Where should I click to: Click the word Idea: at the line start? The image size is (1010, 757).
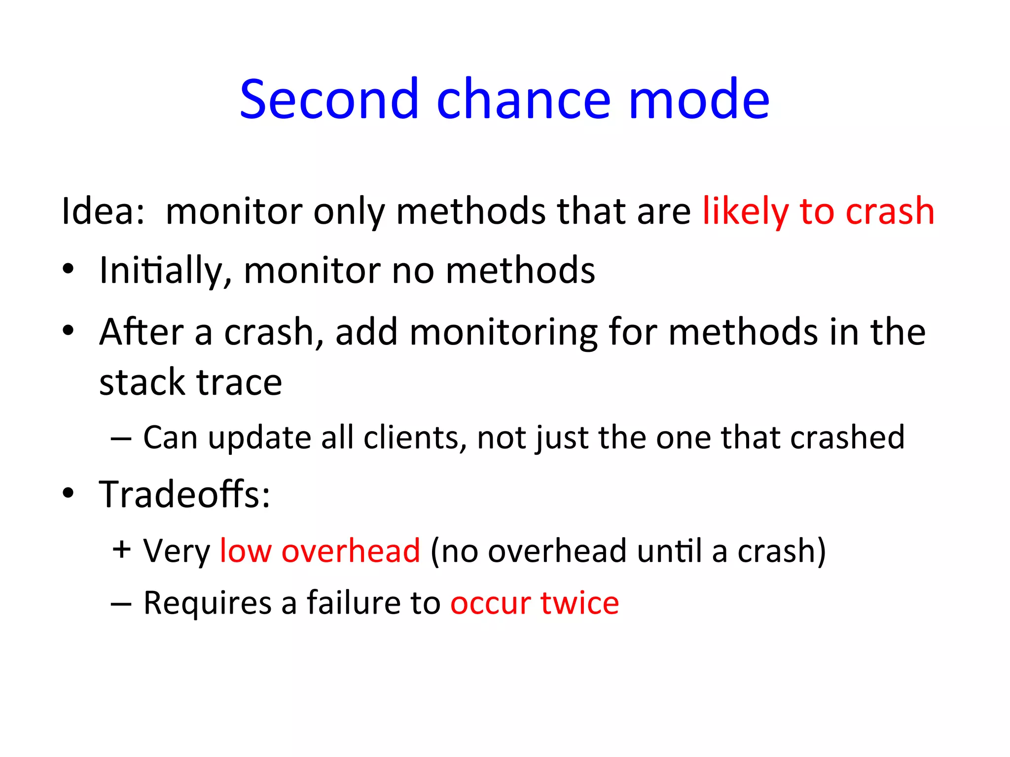coord(103,211)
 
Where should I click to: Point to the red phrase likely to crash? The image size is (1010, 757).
coord(818,211)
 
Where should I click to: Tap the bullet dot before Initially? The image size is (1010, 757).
coord(68,270)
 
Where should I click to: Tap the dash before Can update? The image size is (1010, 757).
coord(121,438)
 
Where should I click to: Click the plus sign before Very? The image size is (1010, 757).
coord(121,550)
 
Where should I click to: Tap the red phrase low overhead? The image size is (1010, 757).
coord(320,551)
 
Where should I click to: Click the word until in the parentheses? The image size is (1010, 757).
coord(669,551)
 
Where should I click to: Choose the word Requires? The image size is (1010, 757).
coord(207,603)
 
